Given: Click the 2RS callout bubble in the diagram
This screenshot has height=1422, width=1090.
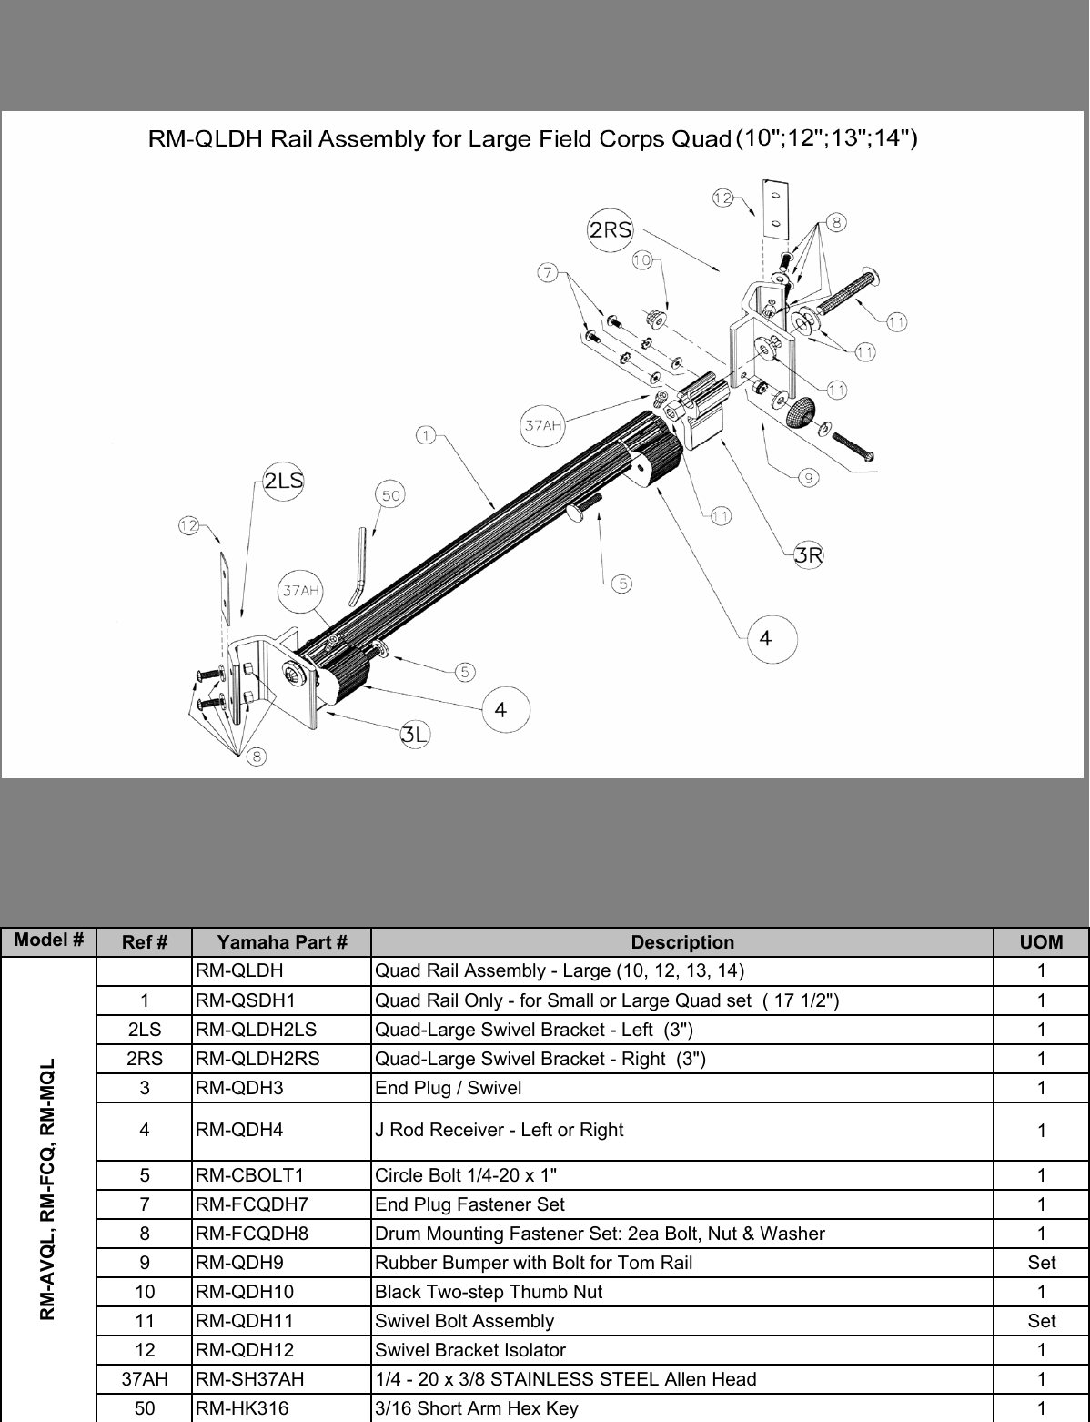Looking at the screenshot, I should tap(611, 229).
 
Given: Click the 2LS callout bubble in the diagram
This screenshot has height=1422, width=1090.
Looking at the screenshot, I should tap(283, 482).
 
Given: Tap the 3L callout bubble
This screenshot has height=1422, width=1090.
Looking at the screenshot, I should tap(415, 736).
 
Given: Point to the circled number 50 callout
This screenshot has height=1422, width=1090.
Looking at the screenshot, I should tap(390, 495).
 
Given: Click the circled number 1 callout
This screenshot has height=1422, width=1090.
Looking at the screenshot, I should tap(425, 435).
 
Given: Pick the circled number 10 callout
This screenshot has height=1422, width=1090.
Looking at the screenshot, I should tap(641, 260).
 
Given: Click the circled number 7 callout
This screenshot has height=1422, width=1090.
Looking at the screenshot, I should tap(547, 271).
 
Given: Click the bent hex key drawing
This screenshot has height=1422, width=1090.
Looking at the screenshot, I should tap(360, 566).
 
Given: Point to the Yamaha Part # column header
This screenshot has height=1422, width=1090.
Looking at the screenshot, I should tap(282, 942).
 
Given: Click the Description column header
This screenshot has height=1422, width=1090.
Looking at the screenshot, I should tap(682, 942).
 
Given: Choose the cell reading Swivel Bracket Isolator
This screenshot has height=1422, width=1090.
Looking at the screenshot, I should tap(470, 1350).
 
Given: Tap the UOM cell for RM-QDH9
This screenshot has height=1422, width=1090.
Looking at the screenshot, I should tap(1041, 1263).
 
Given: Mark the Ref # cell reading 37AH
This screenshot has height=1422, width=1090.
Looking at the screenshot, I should tap(144, 1379).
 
